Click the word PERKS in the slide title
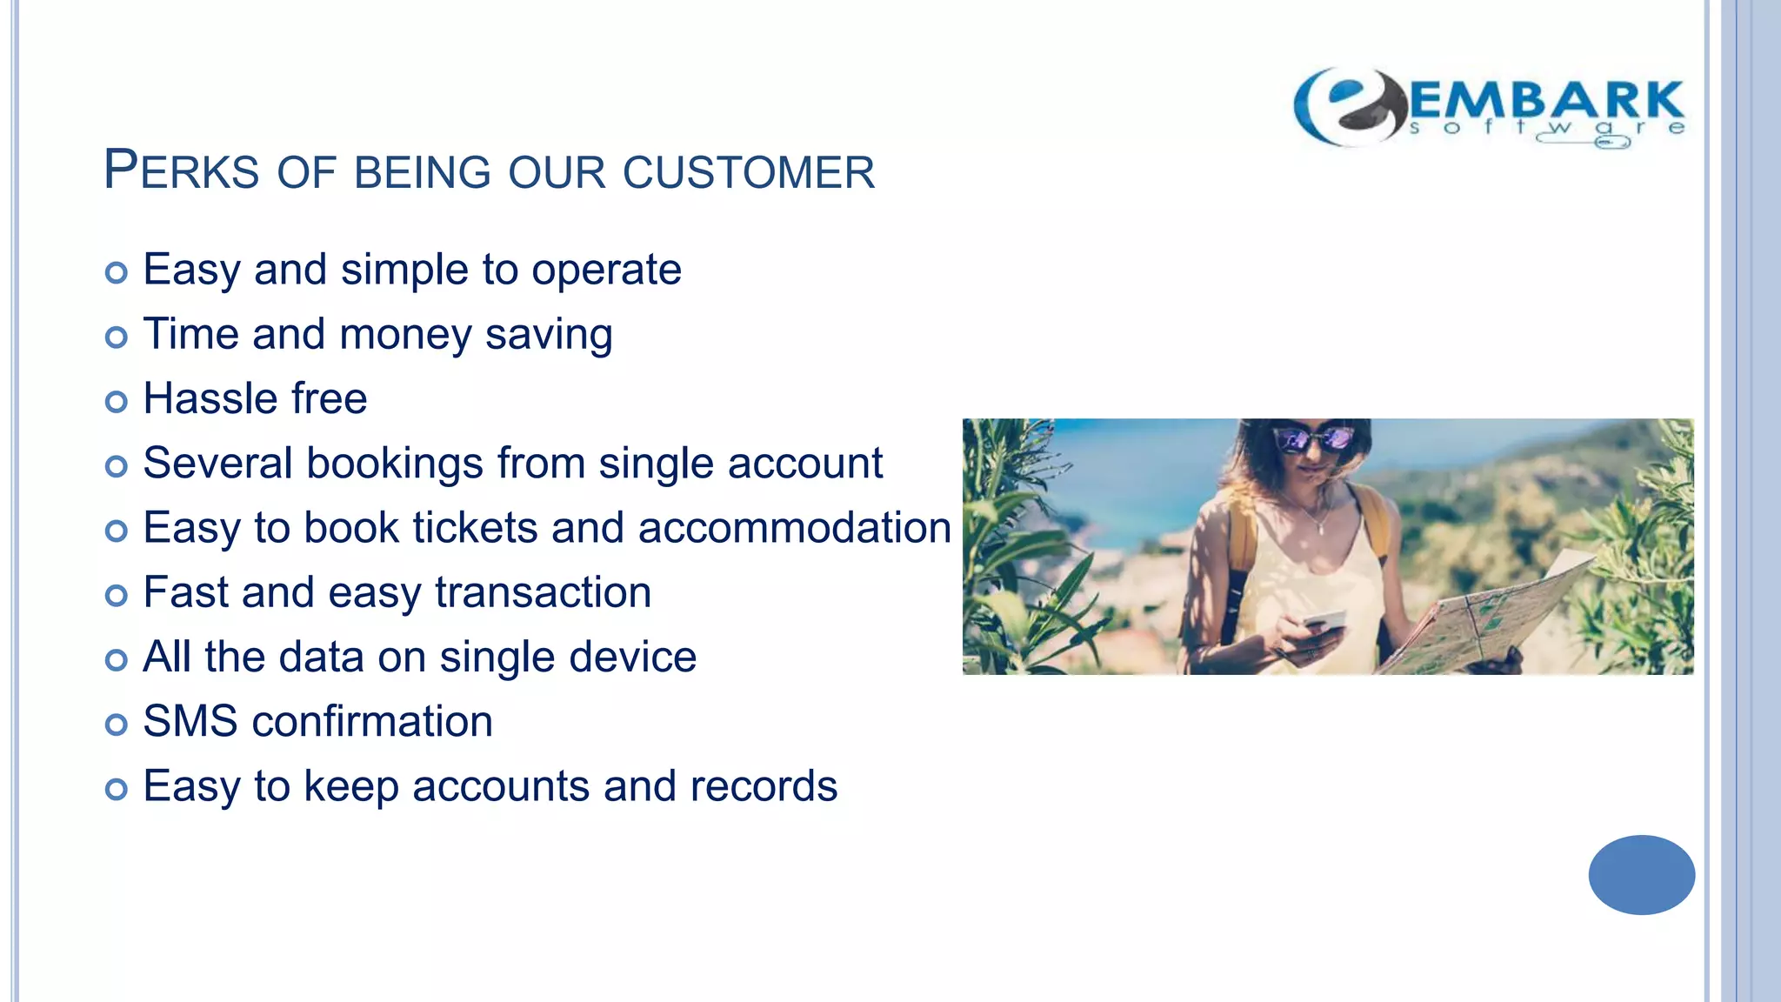(181, 170)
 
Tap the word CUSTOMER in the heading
(749, 172)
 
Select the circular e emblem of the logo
(1348, 106)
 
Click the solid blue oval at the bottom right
(1641, 874)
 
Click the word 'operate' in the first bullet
(606, 271)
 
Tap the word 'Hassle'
(210, 399)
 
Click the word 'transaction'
(543, 593)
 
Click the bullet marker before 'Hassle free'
(116, 401)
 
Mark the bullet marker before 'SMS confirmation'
(116, 724)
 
